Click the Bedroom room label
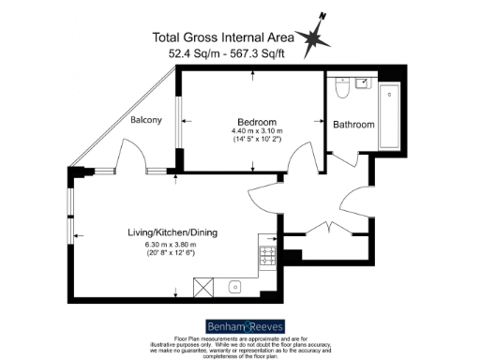coord(256,122)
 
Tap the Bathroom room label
coord(353,125)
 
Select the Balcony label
coord(146,120)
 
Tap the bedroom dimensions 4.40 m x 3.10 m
coord(255,132)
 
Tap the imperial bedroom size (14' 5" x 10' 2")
coord(255,142)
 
